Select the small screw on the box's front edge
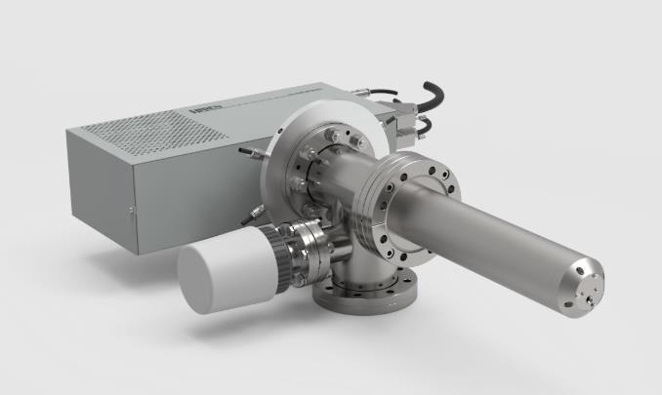129,209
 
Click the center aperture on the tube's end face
594,289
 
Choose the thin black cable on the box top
381,94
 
